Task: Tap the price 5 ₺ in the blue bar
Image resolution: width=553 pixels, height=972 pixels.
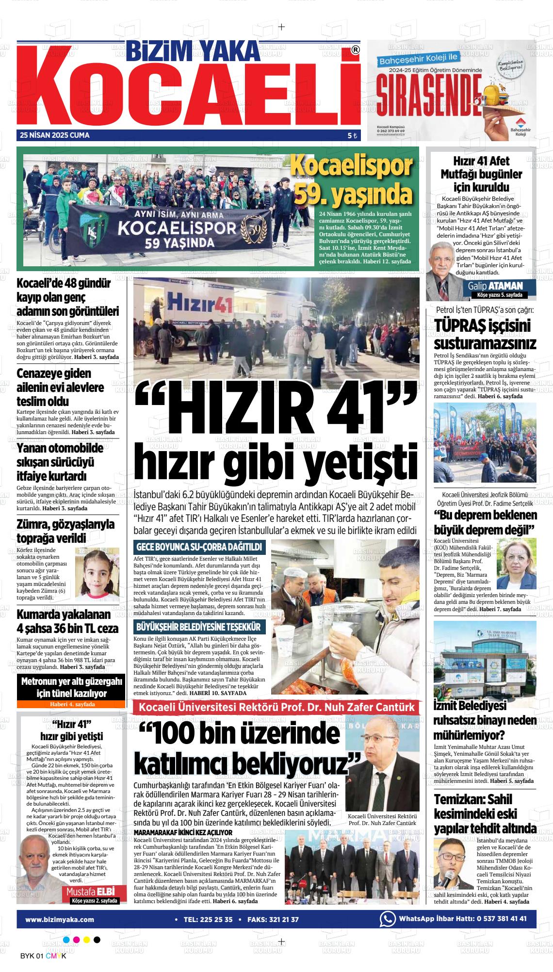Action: (352, 136)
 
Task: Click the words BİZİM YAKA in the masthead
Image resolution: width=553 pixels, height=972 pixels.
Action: (194, 51)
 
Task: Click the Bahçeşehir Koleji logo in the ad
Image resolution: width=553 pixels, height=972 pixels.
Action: (520, 125)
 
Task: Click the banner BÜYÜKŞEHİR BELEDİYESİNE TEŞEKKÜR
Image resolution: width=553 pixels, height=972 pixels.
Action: (199, 627)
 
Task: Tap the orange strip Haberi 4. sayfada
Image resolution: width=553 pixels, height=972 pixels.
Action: (72, 704)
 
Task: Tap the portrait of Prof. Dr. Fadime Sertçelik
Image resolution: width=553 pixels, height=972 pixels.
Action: (516, 564)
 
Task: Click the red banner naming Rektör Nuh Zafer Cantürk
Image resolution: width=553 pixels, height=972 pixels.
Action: (276, 707)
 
